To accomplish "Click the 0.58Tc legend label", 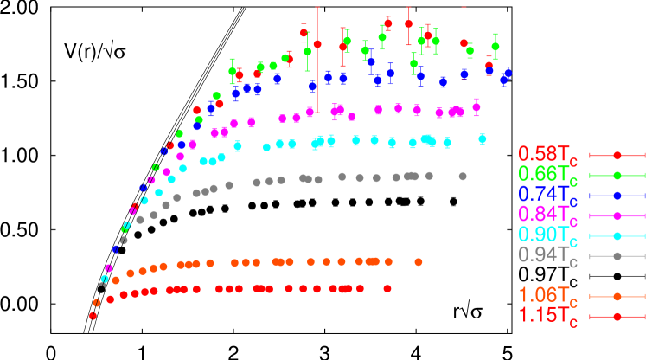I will point(548,156).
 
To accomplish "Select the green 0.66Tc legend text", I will point(548,176).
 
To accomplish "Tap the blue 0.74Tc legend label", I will point(548,196).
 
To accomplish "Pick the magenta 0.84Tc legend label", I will point(548,215).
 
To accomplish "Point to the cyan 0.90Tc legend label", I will point(548,235).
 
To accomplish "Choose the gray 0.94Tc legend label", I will point(548,255).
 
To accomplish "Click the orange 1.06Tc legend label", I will point(548,296).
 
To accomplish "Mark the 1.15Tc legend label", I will point(548,317).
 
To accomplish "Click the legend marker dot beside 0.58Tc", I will point(617,156).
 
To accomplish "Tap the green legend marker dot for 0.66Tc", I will point(617,176).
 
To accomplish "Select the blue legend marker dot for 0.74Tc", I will point(617,196).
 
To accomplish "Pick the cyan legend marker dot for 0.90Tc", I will point(617,236).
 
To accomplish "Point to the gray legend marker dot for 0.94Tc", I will point(617,256).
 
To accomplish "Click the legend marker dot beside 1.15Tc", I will point(617,317).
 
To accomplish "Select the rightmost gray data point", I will point(463,176).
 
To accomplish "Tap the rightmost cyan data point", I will point(482,138).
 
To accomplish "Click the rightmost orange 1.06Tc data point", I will point(419,261).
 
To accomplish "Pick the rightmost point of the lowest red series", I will point(387,288).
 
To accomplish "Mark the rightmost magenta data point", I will point(477,107).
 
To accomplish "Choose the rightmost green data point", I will point(496,46).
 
